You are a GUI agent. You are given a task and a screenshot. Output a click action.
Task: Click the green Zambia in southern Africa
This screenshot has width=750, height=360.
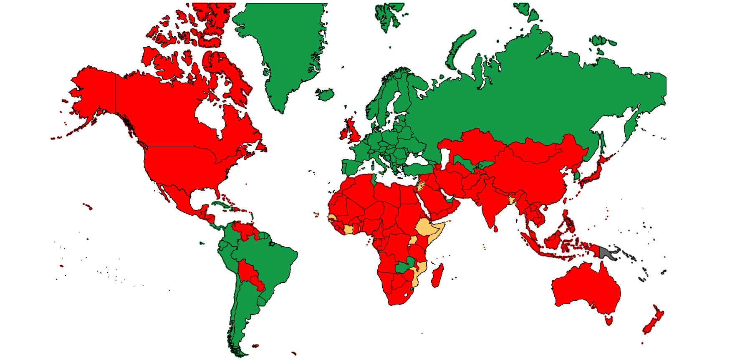tap(402, 267)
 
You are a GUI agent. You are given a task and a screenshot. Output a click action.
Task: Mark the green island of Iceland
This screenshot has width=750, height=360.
tap(325, 94)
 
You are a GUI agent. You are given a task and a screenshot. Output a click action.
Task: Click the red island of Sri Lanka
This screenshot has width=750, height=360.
tap(495, 228)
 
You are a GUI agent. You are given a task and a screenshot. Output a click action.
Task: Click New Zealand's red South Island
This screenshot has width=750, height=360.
tap(648, 327)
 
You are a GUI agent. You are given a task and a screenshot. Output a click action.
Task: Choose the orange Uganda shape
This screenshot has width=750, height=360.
tap(413, 240)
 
